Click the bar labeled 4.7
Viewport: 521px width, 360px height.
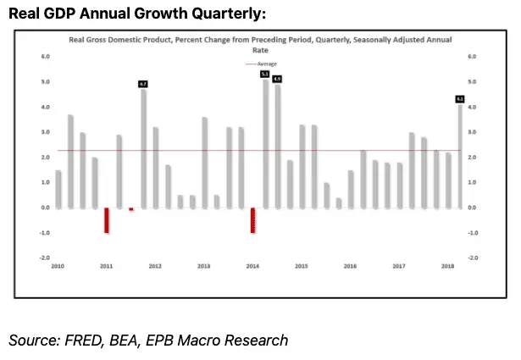point(143,148)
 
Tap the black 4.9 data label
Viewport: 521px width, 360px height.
point(277,79)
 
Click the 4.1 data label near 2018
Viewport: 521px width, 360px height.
point(460,99)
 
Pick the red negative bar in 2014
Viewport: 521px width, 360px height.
point(252,220)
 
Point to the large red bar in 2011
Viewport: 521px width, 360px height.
point(107,220)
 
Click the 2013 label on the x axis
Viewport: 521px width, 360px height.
point(204,266)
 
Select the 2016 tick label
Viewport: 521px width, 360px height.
point(350,266)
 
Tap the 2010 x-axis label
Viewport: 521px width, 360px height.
point(58,266)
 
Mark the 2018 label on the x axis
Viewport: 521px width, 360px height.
point(447,266)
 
